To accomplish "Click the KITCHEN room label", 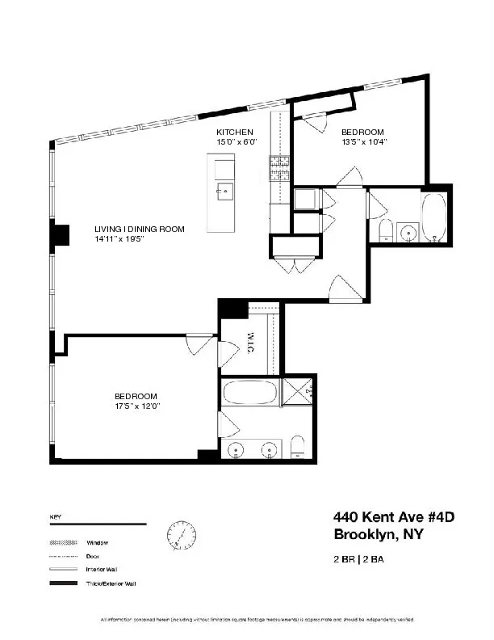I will (235, 132).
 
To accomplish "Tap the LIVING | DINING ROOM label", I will (139, 229).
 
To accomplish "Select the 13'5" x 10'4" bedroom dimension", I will (364, 142).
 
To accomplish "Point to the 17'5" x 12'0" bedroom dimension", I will (136, 406).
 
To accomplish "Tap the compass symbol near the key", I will (181, 534).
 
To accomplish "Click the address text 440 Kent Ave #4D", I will (388, 517).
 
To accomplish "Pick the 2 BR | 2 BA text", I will (360, 558).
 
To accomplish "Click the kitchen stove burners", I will (278, 167).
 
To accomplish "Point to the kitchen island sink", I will (224, 191).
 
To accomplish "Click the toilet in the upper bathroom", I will (385, 230).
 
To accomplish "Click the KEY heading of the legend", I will (56, 516).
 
